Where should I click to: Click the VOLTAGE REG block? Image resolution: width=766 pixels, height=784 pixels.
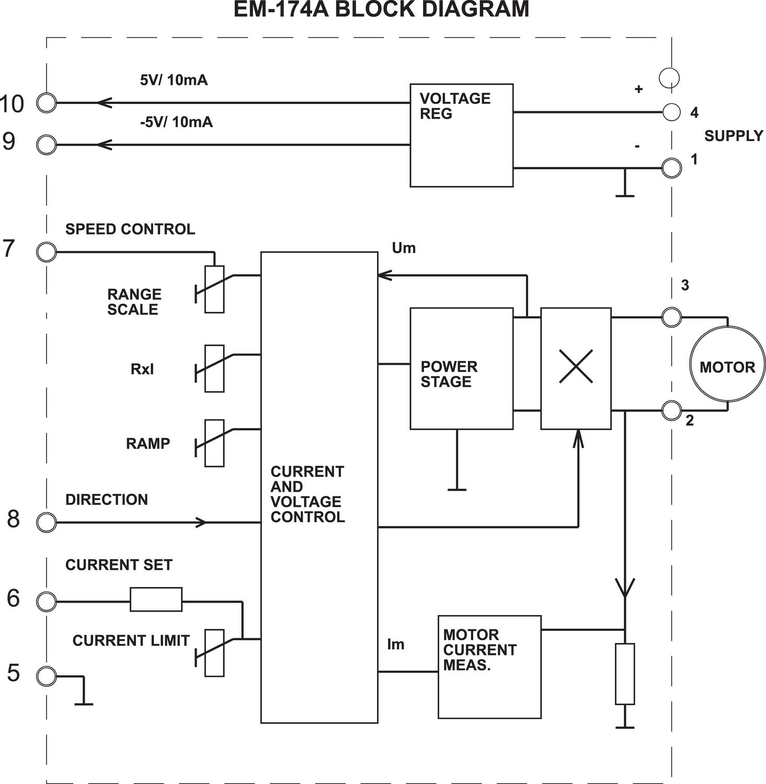tap(461, 135)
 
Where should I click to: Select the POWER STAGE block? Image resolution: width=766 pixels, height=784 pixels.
tap(461, 368)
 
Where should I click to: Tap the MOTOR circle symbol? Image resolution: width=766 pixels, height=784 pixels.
tap(727, 364)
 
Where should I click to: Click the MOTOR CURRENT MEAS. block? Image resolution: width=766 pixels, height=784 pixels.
tap(489, 667)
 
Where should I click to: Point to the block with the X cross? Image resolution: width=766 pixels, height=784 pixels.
tap(576, 368)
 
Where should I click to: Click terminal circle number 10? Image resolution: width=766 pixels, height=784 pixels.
tap(47, 103)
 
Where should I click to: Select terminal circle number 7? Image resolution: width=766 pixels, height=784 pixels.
tap(47, 252)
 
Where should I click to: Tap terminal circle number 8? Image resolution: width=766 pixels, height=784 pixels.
tap(47, 522)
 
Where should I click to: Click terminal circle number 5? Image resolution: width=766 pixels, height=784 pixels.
tap(47, 676)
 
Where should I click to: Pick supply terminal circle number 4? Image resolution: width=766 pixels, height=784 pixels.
tap(671, 112)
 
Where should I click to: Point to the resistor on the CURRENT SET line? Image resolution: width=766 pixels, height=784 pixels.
tap(156, 599)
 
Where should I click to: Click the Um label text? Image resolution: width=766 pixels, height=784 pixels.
tap(404, 248)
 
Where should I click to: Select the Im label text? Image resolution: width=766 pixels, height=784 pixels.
tap(396, 644)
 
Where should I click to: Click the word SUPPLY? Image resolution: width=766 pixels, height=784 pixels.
tap(734, 136)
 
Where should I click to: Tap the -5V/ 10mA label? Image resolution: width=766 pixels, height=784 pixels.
tap(176, 122)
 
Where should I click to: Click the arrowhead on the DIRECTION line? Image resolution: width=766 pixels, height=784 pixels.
tap(202, 522)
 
